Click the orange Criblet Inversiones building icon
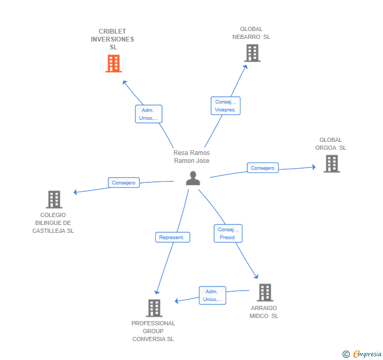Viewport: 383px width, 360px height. [x=113, y=64]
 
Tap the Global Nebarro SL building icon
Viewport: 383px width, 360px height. [x=252, y=53]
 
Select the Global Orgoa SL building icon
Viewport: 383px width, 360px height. [x=331, y=164]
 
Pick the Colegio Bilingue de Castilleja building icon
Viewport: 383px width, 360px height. [x=54, y=200]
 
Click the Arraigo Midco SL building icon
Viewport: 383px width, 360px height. [x=265, y=293]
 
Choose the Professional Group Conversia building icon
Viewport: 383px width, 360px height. [x=154, y=308]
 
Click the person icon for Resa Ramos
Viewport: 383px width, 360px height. [x=193, y=179]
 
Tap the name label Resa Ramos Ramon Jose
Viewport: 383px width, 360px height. [x=191, y=157]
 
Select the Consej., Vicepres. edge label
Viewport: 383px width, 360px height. [x=226, y=106]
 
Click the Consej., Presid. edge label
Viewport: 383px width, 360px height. [x=228, y=233]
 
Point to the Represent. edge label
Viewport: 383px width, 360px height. [x=172, y=238]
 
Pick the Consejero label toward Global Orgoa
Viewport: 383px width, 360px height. [x=263, y=168]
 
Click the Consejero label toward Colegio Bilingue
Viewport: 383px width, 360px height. [x=124, y=183]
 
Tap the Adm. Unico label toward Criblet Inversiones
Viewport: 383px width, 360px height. [x=148, y=114]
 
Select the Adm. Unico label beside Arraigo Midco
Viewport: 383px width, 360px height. [x=212, y=295]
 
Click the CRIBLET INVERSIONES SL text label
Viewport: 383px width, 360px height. [x=113, y=39]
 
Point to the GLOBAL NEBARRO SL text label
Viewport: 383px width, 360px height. [x=251, y=33]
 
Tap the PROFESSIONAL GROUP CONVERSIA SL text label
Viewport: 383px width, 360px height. [x=153, y=331]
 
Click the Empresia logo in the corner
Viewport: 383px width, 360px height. [x=363, y=354]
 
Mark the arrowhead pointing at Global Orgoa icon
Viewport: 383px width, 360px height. [x=314, y=167]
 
